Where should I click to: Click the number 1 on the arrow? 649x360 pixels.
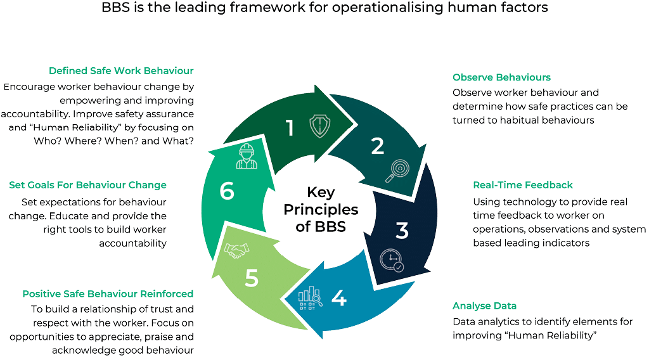290,128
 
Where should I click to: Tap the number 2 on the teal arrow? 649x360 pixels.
378,146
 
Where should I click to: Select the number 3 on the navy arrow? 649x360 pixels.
402,231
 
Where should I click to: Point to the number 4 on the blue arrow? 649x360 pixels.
339,297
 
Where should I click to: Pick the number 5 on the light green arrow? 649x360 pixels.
252,279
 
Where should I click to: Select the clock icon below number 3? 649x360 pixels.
390,260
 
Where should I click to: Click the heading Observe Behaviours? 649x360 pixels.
501,77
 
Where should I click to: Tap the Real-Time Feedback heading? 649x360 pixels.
522,185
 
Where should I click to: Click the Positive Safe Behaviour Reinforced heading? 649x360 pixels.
108,293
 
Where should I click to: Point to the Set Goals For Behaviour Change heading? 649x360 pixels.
87,185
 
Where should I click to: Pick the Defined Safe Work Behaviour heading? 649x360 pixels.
121,70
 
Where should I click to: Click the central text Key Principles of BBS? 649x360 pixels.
320,209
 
